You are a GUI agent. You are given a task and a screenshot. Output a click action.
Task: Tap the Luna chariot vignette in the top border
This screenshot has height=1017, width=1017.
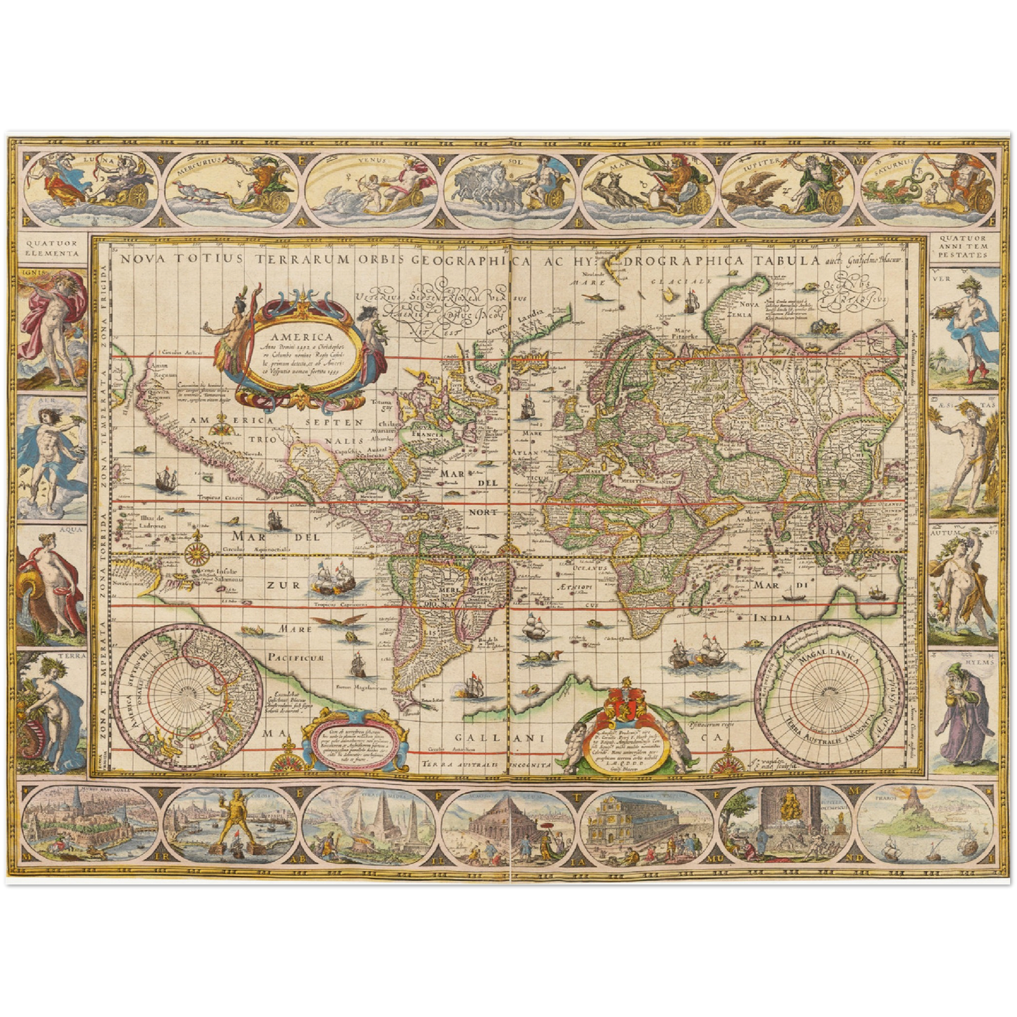click(x=91, y=182)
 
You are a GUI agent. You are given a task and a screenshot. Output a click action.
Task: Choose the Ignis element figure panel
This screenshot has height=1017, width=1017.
click(x=53, y=328)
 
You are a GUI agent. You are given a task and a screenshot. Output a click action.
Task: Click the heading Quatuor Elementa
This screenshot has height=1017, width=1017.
click(x=53, y=248)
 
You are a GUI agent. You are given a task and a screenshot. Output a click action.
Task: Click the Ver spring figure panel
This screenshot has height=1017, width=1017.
click(x=964, y=328)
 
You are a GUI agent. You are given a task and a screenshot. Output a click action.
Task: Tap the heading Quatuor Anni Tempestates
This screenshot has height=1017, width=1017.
click(x=964, y=248)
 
